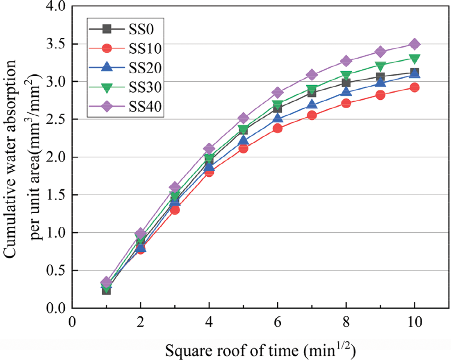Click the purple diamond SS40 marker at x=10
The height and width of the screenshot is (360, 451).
tap(415, 44)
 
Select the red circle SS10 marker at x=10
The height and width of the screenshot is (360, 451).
tap(415, 87)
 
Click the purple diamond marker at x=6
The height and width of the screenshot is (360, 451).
tap(278, 92)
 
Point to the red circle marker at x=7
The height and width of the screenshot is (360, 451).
tap(312, 115)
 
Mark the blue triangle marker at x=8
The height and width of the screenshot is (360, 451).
tap(346, 92)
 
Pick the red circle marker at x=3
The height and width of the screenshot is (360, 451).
tap(175, 210)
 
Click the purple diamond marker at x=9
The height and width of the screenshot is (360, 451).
tap(380, 52)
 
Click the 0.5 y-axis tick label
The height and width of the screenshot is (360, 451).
tap(57, 270)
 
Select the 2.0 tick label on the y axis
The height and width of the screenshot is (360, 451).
tap(57, 157)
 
